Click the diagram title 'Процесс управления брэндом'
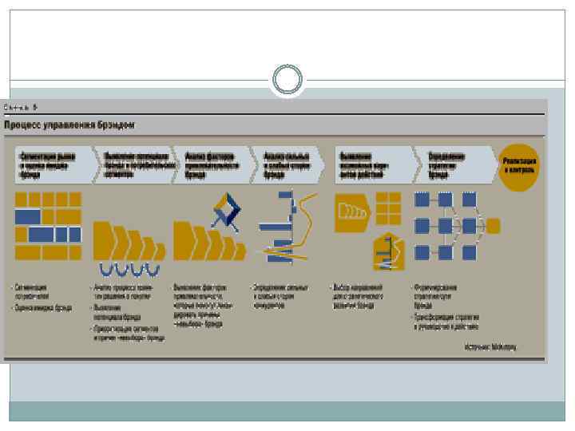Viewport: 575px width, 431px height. (70, 125)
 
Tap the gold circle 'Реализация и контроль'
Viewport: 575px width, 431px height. (520, 165)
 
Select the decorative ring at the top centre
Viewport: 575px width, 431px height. (287, 79)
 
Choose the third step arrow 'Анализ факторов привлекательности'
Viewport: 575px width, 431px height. (212, 165)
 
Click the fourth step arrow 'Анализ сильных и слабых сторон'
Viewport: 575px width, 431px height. (287, 165)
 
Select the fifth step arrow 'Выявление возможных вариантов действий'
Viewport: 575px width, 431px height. (369, 165)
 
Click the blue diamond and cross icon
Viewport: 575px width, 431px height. (227, 212)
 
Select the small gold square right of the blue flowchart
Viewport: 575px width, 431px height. (494, 226)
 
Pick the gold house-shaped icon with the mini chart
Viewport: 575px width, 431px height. (387, 251)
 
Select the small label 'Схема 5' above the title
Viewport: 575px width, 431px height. (22, 106)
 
